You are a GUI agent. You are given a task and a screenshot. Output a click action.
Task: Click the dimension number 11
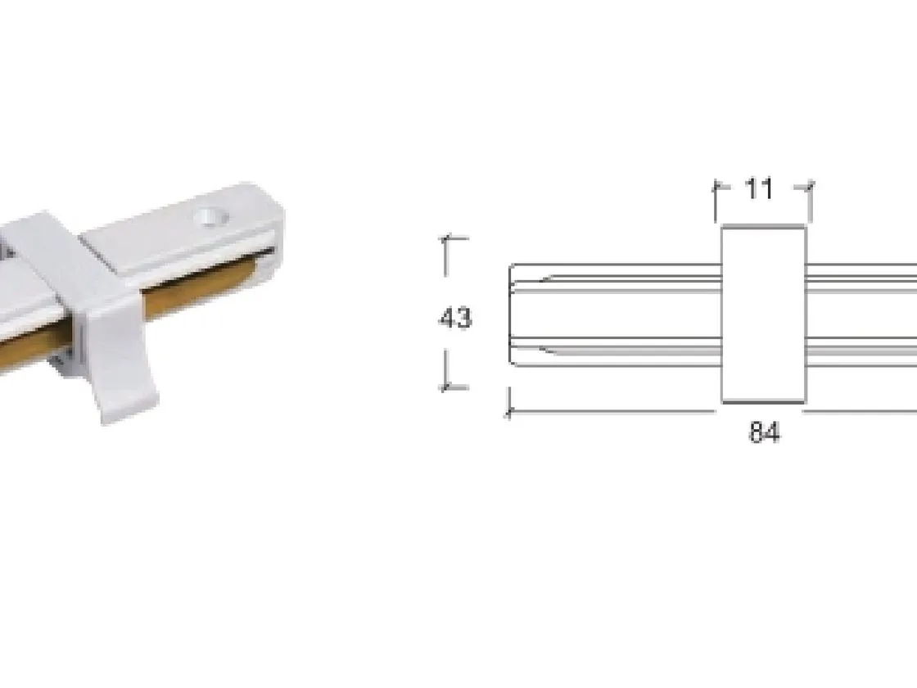[759, 189]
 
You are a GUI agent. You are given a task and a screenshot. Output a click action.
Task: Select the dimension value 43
[455, 318]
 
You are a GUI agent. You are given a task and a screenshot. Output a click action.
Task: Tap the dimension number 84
[765, 432]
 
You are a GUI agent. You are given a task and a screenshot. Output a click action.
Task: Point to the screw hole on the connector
[211, 218]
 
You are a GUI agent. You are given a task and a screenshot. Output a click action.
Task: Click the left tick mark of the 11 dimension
[716, 188]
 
